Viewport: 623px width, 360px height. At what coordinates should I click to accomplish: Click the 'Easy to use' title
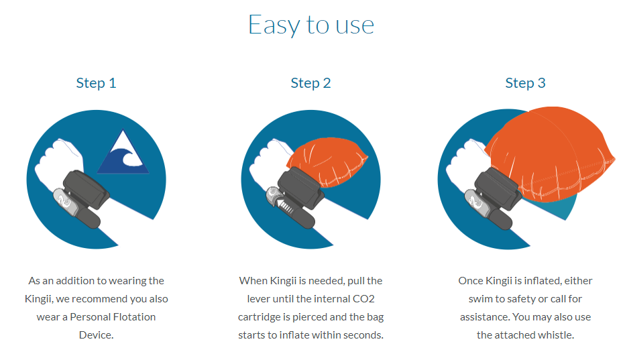click(x=311, y=25)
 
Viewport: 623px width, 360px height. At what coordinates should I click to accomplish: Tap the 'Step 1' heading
click(x=96, y=83)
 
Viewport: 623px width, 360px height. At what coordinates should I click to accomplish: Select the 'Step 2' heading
click(x=310, y=83)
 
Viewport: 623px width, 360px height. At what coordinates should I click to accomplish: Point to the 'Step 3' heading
click(x=525, y=83)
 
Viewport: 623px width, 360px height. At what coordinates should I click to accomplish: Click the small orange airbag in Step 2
click(x=327, y=162)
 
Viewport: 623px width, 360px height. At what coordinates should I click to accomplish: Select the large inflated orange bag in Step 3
click(x=551, y=153)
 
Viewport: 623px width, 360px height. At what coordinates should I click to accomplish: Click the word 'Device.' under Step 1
click(x=96, y=335)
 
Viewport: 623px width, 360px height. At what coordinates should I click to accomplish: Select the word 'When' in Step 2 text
click(x=253, y=281)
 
